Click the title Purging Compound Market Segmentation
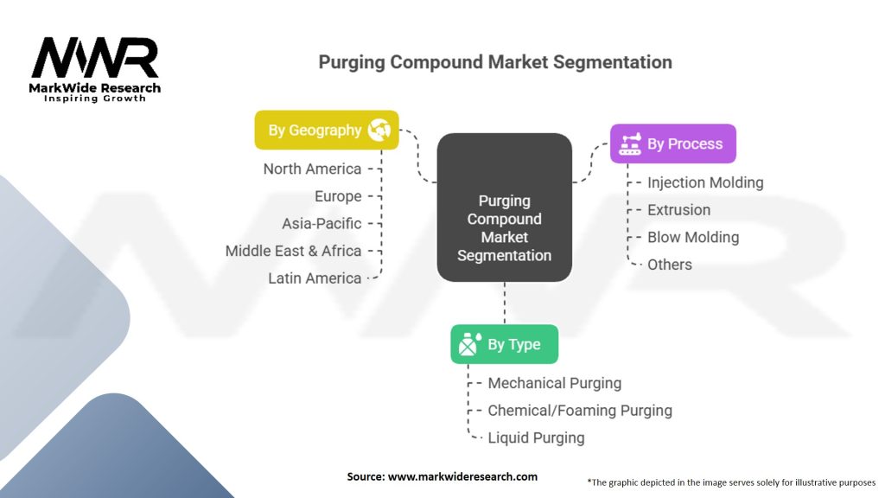point(494,62)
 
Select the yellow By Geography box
point(326,130)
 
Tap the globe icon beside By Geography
point(379,131)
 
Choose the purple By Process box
point(672,144)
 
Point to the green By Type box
point(504,344)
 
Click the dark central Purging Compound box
point(504,207)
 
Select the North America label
point(312,169)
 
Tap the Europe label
point(338,196)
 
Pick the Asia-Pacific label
point(322,223)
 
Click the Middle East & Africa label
point(293,251)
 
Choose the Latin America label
point(315,278)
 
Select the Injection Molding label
point(705,182)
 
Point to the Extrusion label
point(678,209)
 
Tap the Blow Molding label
point(693,237)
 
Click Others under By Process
point(669,265)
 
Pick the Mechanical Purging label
point(554,383)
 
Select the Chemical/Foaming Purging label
point(579,411)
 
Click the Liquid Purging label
point(536,437)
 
